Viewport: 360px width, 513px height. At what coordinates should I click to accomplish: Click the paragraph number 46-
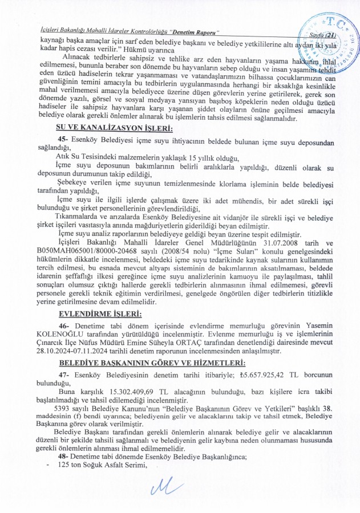click(65, 324)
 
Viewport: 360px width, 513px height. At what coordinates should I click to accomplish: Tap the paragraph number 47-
click(65, 374)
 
